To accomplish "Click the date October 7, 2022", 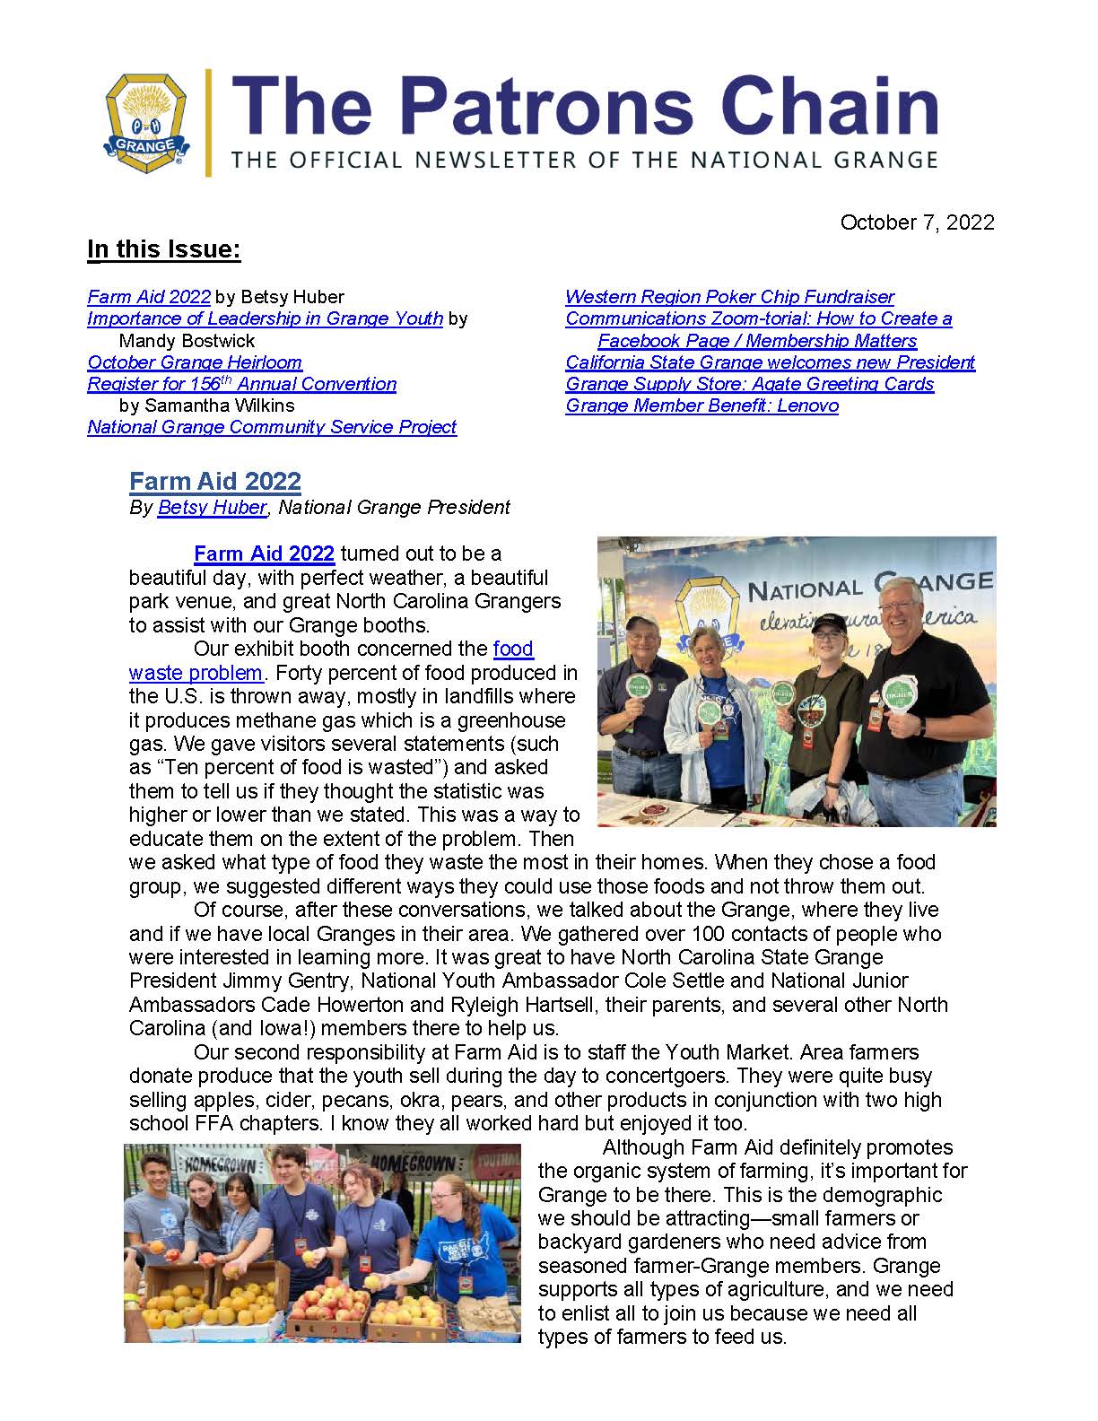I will (917, 222).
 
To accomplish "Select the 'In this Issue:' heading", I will (164, 249).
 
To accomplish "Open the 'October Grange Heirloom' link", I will (195, 362).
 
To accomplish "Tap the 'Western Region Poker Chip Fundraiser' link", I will (729, 297).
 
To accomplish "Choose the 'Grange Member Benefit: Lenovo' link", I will (701, 405).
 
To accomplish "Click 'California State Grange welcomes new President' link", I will (770, 362).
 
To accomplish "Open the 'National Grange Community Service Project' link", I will (272, 427).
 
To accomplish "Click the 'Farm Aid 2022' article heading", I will (215, 482).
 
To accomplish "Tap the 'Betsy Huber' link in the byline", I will (212, 508).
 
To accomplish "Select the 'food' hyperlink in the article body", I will (513, 649).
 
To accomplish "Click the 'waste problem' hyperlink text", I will (196, 673).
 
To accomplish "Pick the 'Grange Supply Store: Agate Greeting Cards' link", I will (749, 384).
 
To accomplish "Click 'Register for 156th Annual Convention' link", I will (241, 384).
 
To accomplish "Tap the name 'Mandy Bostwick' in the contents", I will (187, 341).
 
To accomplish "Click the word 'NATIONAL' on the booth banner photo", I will (803, 590).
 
